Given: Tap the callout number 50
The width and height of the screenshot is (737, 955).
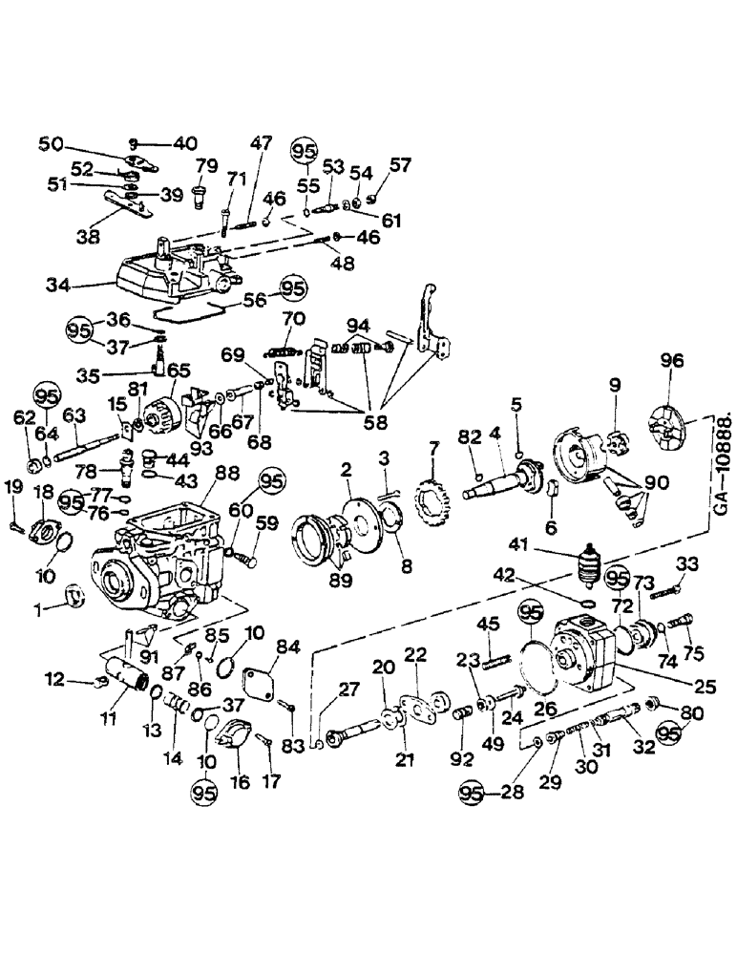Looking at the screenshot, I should click(x=51, y=143).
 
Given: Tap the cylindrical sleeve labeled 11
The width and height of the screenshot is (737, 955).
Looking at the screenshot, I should click(x=124, y=681).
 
